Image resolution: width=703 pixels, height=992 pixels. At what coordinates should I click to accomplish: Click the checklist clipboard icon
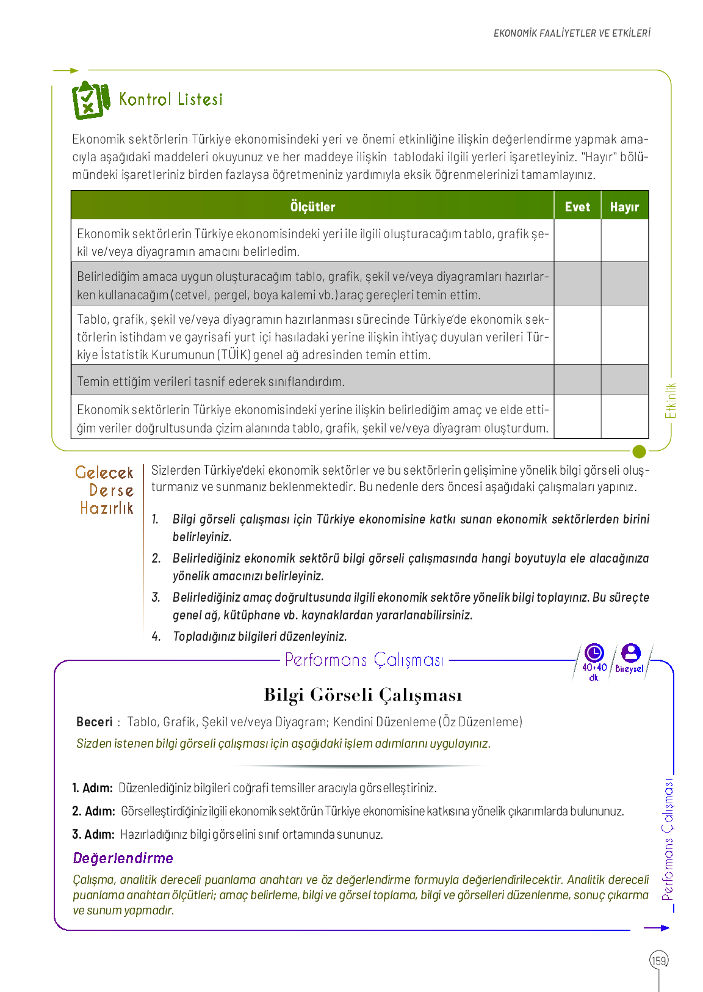point(90,100)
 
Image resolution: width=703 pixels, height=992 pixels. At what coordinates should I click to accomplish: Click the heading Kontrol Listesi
point(171,100)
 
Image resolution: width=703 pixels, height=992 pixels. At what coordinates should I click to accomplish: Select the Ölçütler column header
point(312,206)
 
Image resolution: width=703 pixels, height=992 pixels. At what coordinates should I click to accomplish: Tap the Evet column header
point(577,206)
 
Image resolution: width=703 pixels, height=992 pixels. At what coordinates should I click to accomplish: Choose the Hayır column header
point(624,206)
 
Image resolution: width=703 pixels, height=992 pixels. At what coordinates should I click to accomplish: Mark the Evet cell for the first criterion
point(577,241)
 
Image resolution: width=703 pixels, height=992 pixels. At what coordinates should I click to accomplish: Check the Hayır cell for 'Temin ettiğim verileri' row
point(624,380)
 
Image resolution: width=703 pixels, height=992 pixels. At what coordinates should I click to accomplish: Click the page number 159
point(659,960)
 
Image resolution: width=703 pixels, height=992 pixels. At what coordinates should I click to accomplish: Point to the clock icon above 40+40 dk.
point(594,653)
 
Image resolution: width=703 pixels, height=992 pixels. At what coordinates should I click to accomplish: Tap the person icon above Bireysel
point(630,653)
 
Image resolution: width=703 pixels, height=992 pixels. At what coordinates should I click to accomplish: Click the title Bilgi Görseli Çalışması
point(362,695)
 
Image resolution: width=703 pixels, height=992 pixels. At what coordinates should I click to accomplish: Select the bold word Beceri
point(95,722)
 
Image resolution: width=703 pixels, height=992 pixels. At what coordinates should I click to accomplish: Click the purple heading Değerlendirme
point(123,858)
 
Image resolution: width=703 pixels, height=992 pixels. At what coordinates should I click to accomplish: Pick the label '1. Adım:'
point(92,788)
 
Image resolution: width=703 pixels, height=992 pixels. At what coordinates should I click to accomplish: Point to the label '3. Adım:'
point(93,834)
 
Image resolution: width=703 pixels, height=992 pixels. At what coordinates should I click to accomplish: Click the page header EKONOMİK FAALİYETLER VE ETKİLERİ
point(572,33)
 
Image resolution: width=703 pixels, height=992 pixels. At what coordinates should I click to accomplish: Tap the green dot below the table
point(639,451)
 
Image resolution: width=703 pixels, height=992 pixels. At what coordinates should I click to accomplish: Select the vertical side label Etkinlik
point(671,401)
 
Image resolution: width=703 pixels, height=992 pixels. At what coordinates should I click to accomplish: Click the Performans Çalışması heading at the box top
point(364,660)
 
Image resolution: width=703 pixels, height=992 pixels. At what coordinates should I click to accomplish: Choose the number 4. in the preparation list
point(156,636)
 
